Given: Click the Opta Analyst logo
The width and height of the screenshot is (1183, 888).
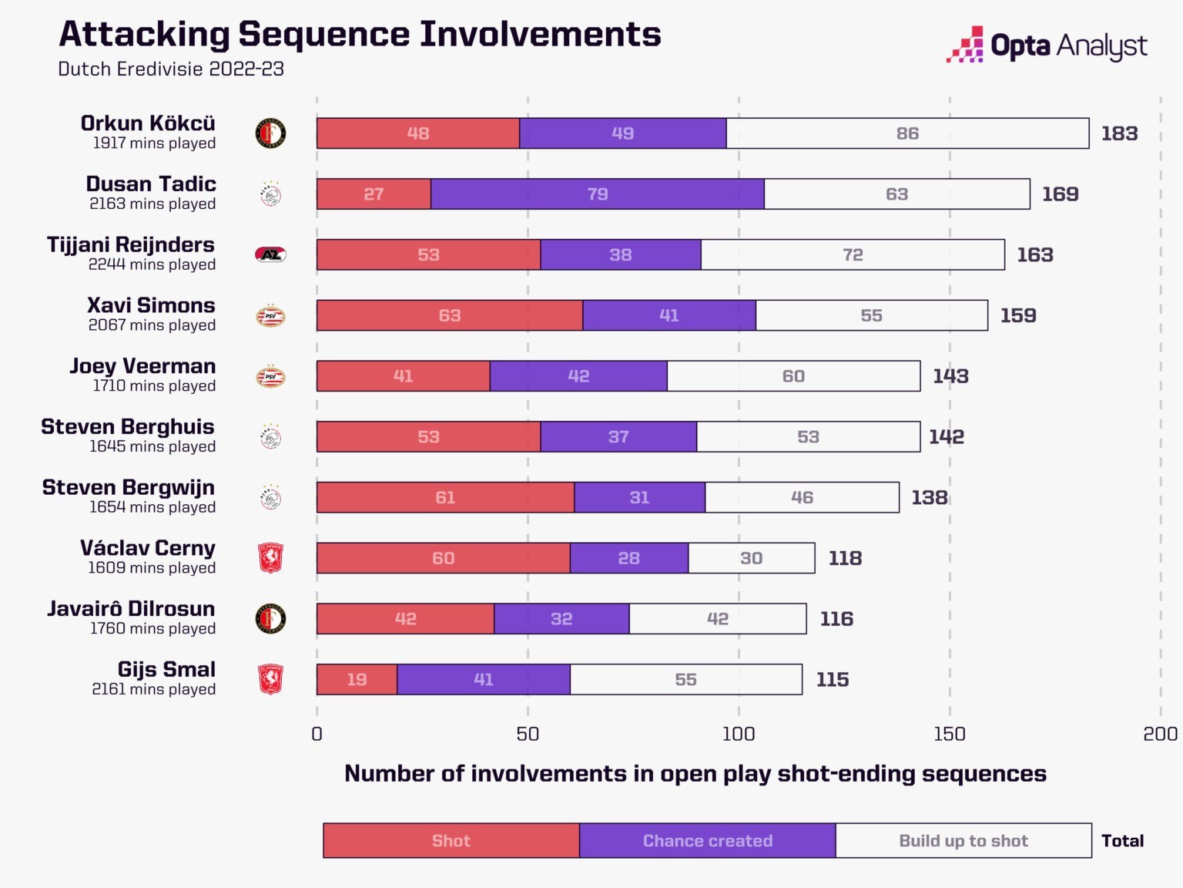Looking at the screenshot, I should coord(1047,45).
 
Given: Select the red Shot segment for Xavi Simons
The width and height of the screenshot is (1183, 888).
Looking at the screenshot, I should coord(450,315).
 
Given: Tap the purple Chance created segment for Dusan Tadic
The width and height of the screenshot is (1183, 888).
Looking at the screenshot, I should coord(598,194).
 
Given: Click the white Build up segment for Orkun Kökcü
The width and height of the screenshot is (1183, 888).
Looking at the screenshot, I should coord(907,133).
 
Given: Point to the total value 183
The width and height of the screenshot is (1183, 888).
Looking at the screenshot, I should coord(1119,133).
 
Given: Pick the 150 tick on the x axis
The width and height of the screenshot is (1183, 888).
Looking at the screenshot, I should coord(949,734).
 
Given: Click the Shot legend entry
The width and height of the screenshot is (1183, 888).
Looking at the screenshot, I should coord(451,840).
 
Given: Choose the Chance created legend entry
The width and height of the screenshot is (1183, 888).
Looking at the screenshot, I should coord(707,840).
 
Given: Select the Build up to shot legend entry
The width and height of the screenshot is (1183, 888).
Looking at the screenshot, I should coord(963,840).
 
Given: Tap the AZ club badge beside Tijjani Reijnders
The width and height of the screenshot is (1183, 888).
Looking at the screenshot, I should coord(270,254).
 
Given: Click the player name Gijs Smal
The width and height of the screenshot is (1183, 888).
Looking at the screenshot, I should coord(166,669).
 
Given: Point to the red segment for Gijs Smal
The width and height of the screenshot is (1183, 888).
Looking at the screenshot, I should coord(357,679).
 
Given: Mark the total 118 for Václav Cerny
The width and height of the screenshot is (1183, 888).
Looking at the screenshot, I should coord(845,558).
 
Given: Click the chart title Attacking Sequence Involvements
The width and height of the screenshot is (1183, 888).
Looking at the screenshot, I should coord(360,35).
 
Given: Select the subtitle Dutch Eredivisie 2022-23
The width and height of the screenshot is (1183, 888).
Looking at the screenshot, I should coord(171,69).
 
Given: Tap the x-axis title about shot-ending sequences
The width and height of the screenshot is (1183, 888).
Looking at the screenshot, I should coord(695,773).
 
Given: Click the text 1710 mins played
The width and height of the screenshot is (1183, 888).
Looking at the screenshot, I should coord(154,385).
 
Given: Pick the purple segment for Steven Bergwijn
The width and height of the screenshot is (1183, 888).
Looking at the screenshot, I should coord(639,497).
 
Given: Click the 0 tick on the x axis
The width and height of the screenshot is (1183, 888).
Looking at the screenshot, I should coord(317,734).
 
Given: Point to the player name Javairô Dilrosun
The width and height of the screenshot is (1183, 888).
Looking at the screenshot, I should coord(131,608).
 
